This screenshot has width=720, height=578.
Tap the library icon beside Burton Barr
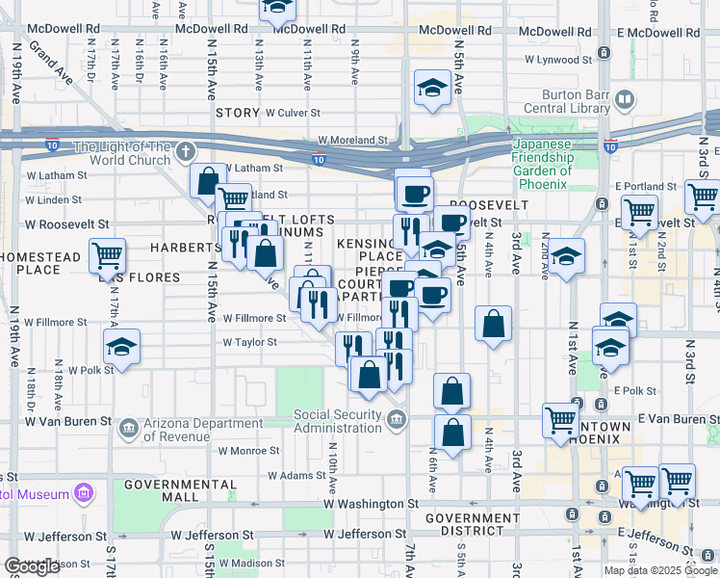(625, 100)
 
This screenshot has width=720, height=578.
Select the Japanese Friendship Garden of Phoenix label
(542, 163)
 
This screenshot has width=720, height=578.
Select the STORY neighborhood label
(238, 113)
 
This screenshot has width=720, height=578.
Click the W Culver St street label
(293, 113)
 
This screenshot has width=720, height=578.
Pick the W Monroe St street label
(247, 450)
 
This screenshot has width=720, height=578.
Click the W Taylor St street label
(249, 342)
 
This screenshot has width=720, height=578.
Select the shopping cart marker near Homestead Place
(108, 256)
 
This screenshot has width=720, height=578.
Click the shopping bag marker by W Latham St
(208, 180)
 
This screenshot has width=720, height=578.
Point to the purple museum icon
(83, 494)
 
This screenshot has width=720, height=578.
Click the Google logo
(33, 566)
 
